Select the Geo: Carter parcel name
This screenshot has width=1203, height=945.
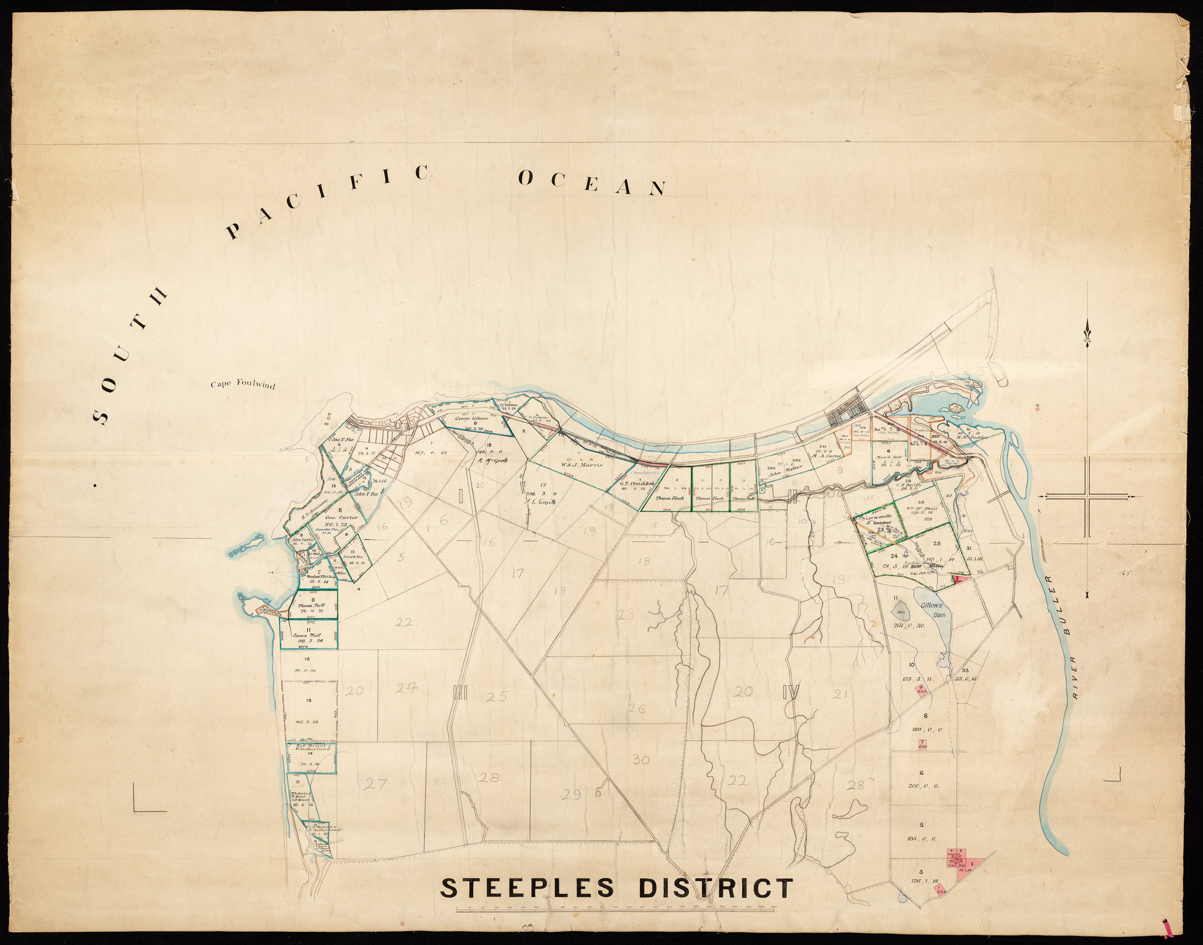pyautogui.click(x=342, y=517)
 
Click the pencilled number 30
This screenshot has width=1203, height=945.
pyautogui.click(x=641, y=760)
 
